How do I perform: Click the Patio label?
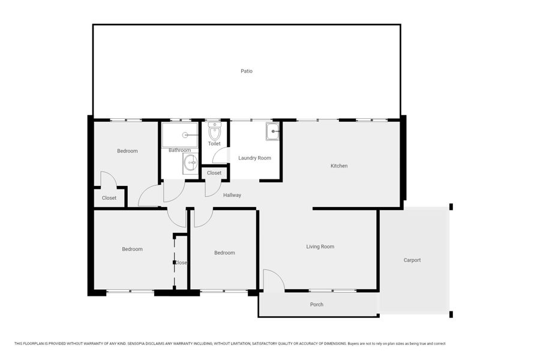point(246,71)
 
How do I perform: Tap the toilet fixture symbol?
point(214,131)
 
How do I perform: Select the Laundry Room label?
point(254,158)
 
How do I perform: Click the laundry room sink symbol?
point(273,131)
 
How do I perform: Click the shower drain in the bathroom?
point(185,135)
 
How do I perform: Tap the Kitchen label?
point(339,166)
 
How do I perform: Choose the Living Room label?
point(320,247)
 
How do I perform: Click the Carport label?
point(412,260)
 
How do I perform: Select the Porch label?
point(316,304)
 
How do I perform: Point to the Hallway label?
point(232,195)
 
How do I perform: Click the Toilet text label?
point(214,143)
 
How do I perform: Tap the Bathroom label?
point(179,150)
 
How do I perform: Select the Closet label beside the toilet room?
point(214,173)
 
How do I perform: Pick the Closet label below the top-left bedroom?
point(109,198)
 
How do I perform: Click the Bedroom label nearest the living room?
point(224,253)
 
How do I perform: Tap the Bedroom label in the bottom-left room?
point(132,249)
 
